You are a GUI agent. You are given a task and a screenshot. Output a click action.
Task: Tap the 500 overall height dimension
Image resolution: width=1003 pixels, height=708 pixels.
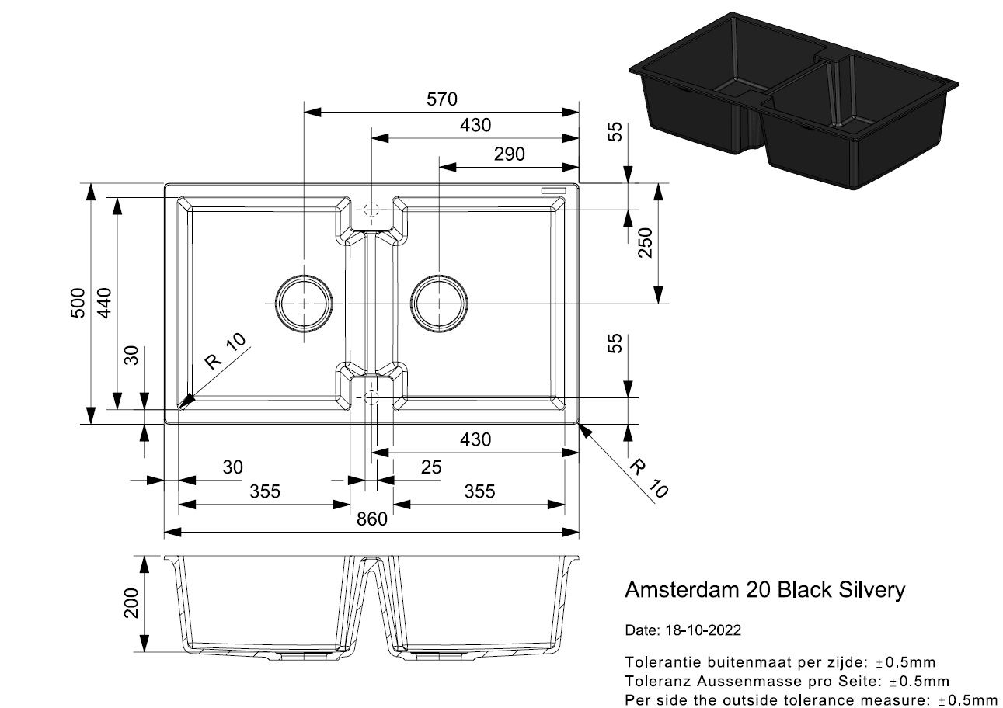(x=78, y=304)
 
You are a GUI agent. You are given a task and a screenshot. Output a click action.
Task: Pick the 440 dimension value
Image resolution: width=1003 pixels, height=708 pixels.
(x=105, y=304)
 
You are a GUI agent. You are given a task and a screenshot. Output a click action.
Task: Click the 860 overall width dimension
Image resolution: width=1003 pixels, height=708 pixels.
(x=371, y=519)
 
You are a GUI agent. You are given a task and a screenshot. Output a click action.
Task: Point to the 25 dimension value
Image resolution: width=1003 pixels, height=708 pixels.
(x=430, y=467)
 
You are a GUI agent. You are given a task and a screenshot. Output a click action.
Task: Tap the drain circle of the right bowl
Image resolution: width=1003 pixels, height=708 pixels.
(x=440, y=303)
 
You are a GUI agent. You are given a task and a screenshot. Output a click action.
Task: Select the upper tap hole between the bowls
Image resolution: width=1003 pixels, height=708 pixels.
(x=371, y=210)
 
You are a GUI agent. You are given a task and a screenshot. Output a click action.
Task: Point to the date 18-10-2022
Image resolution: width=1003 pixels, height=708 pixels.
(x=703, y=630)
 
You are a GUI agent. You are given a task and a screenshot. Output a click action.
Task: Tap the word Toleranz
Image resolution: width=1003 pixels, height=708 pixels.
(x=659, y=682)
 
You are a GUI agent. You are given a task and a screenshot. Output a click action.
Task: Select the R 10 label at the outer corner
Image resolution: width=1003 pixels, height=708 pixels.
(x=648, y=477)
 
